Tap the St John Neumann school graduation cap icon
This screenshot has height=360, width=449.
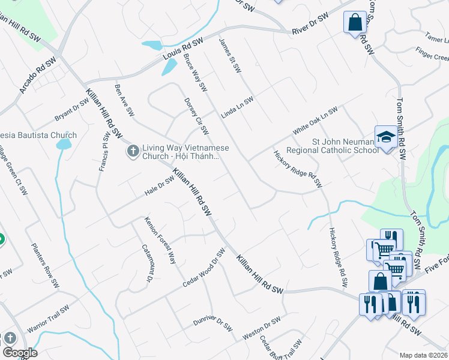(x=385, y=137)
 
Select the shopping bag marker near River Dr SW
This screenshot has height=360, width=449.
(x=355, y=23)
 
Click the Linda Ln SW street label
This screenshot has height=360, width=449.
(x=237, y=108)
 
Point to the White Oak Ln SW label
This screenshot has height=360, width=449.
(x=315, y=121)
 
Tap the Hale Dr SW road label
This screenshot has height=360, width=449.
(x=158, y=186)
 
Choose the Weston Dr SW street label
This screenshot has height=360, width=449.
(x=261, y=329)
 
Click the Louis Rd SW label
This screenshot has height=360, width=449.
(x=184, y=50)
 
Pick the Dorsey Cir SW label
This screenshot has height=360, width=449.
(x=196, y=116)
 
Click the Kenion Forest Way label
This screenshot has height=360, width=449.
(x=160, y=241)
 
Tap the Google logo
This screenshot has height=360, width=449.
(x=20, y=352)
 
